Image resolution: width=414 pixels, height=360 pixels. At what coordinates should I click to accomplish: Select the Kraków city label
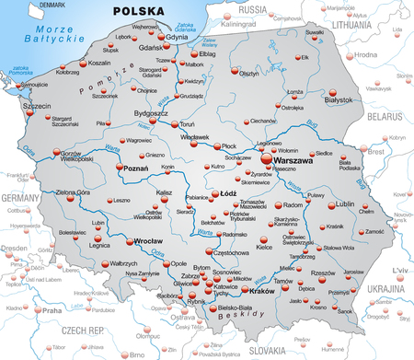pyautogui.click(x=262, y=316)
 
